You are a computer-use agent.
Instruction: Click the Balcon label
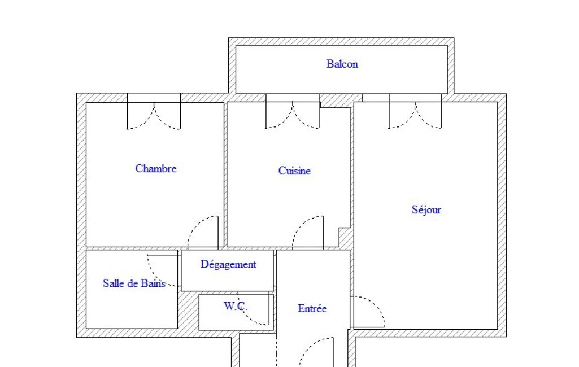click(x=342, y=64)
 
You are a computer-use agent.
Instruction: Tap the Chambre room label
click(x=156, y=168)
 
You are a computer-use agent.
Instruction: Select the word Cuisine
click(x=294, y=171)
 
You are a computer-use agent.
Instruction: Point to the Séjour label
click(x=426, y=209)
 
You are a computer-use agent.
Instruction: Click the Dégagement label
click(x=228, y=264)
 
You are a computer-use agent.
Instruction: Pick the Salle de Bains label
click(x=134, y=283)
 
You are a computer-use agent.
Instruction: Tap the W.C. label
click(x=235, y=306)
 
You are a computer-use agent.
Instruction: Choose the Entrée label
click(x=312, y=308)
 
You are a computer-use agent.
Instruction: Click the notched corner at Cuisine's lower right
click(x=345, y=233)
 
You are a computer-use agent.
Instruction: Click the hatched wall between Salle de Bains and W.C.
click(x=188, y=310)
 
